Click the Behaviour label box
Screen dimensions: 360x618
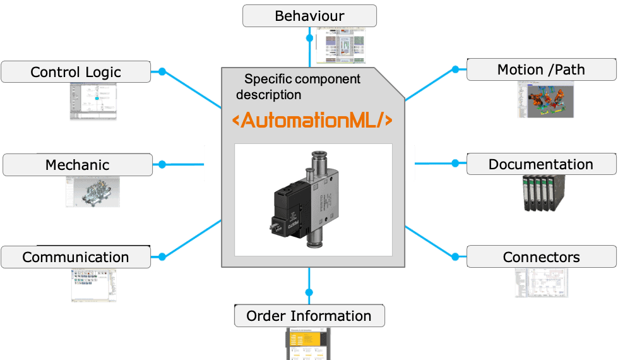point(309,16)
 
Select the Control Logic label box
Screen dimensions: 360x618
point(76,72)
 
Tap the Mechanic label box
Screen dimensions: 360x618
point(78,165)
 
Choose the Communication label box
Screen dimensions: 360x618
point(76,257)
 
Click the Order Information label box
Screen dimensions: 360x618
point(309,316)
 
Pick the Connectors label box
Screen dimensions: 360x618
point(541,257)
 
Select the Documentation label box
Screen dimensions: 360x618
point(541,164)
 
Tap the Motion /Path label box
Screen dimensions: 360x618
point(541,69)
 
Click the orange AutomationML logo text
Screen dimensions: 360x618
point(312,120)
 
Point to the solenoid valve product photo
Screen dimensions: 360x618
point(313,200)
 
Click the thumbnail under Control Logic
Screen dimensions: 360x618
point(93,102)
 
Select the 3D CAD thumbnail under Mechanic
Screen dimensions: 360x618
point(92,192)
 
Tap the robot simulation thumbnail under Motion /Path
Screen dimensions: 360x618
point(543,100)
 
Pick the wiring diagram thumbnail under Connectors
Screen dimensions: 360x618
point(542,282)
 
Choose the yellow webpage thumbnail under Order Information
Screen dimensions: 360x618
point(309,344)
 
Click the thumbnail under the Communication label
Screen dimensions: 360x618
point(93,285)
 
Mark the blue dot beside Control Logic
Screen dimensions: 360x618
point(162,72)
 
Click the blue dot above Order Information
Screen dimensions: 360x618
point(309,292)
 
